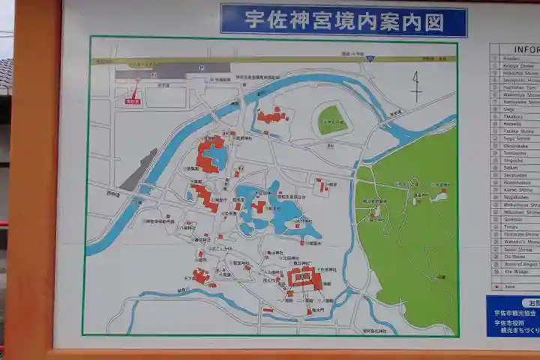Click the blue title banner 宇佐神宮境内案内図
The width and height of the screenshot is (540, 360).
[343, 19]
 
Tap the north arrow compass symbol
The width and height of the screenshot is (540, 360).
[416, 86]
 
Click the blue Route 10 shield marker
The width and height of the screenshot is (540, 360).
[370, 58]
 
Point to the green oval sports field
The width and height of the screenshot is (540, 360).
[331, 119]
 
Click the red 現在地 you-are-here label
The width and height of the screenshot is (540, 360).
[133, 101]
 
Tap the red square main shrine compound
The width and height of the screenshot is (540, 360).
[304, 279]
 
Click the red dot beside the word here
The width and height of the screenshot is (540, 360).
[496, 286]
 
